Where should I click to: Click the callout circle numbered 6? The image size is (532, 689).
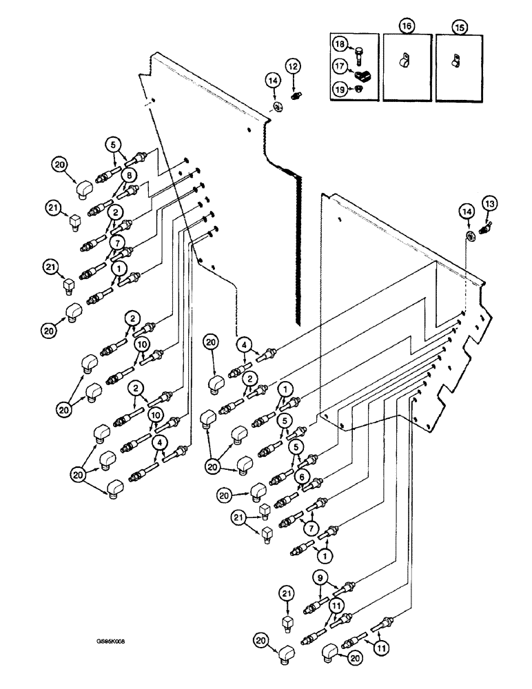click(x=300, y=475)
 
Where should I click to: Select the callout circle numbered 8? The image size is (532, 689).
click(x=128, y=176)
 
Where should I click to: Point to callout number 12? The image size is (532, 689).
click(x=294, y=66)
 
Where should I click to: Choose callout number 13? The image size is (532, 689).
click(x=490, y=204)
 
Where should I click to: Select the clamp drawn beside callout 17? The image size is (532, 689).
click(x=360, y=70)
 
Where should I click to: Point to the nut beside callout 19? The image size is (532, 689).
click(x=359, y=89)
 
